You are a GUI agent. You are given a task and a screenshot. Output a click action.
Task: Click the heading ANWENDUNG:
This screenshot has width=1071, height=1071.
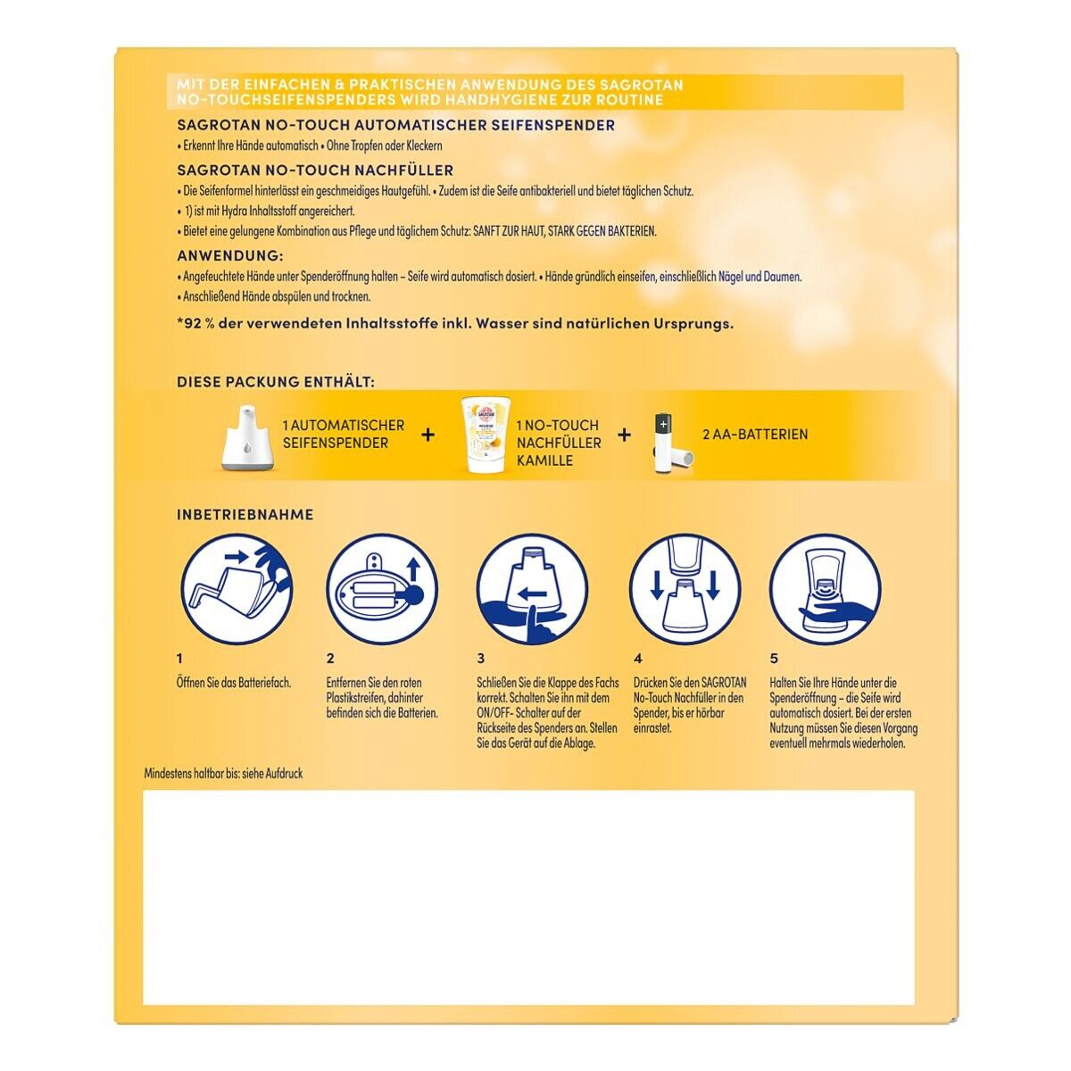(229, 256)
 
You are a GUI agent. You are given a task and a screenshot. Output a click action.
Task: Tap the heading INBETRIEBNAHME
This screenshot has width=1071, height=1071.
(245, 515)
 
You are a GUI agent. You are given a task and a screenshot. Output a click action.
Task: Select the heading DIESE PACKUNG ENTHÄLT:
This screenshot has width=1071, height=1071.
(276, 382)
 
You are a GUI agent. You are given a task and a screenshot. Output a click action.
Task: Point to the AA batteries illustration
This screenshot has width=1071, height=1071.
(672, 443)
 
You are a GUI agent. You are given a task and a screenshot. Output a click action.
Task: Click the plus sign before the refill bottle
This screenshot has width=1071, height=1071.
(428, 435)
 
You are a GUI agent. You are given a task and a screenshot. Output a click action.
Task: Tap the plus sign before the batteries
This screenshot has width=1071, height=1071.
(624, 435)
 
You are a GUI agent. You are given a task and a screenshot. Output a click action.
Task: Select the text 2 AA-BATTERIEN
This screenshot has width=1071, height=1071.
(755, 435)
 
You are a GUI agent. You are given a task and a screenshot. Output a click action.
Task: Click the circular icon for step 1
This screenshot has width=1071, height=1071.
(237, 589)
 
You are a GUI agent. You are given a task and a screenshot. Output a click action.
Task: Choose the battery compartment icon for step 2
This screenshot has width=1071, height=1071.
(382, 589)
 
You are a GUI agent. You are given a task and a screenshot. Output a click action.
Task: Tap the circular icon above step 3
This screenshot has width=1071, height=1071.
(532, 589)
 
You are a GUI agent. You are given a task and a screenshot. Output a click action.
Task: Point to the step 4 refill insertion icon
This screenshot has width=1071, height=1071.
(685, 589)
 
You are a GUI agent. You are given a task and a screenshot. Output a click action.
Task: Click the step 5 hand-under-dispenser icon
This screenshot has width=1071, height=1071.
(826, 589)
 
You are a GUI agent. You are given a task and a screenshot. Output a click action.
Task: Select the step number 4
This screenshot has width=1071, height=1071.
(638, 659)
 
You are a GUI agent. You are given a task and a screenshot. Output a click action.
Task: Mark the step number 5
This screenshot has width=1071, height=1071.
(774, 659)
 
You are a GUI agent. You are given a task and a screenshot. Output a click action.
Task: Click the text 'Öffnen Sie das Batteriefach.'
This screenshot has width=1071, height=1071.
(234, 683)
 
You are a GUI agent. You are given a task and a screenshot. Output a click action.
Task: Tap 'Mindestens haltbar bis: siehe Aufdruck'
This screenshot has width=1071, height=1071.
(223, 774)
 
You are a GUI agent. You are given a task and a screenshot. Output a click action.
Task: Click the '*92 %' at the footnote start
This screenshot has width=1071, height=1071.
(195, 323)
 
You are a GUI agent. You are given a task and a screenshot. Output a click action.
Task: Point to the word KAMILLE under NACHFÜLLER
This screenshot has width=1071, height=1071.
(544, 461)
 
